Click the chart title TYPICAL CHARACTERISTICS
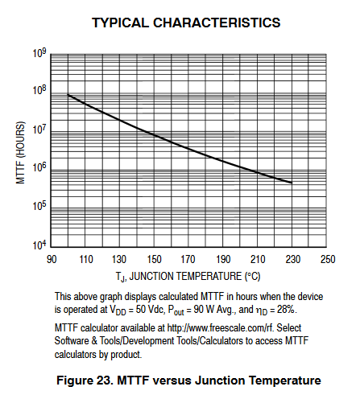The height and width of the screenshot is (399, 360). (x=186, y=23)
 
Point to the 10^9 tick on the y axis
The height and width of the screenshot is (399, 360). (x=39, y=53)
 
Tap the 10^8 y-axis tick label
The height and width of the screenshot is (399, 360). (x=39, y=90)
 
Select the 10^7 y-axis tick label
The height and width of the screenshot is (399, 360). (x=39, y=130)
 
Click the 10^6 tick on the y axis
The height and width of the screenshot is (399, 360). (x=39, y=167)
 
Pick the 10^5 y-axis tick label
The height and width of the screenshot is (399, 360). (x=39, y=206)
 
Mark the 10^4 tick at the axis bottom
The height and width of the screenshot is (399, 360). (x=39, y=245)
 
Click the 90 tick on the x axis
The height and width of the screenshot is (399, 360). (x=52, y=259)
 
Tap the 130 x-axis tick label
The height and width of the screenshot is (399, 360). (x=119, y=259)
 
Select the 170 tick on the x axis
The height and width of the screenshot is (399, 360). (x=188, y=259)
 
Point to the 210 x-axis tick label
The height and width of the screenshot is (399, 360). (x=258, y=259)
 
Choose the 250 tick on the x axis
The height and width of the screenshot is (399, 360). (x=328, y=259)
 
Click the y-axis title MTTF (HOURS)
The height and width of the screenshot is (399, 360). (x=20, y=153)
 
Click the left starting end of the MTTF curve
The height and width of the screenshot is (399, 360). (x=68, y=94)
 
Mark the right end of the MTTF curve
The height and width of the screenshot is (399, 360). (x=292, y=183)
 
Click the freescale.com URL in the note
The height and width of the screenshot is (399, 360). (x=221, y=328)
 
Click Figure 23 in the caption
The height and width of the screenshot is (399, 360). (x=85, y=380)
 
